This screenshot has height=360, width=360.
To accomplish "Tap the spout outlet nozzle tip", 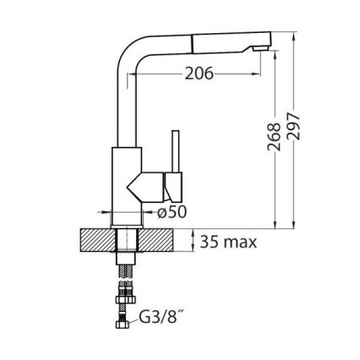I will click(x=260, y=49).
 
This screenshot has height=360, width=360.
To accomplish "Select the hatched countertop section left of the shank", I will click(x=96, y=240).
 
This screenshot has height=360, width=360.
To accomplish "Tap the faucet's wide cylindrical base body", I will click(x=124, y=186).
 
